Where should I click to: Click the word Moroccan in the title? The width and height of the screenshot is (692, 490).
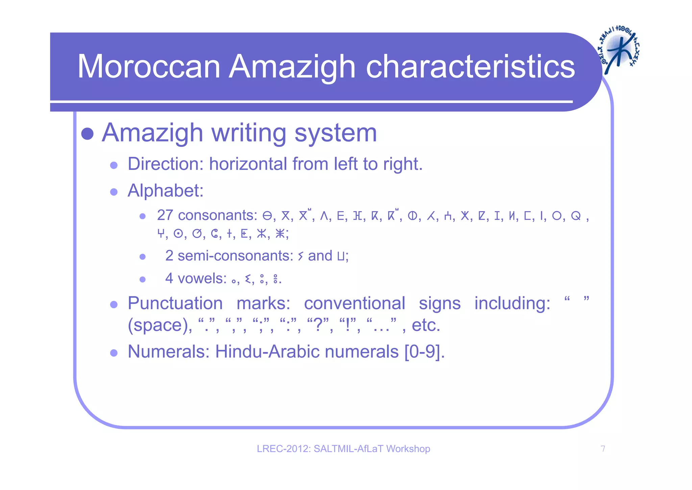coord(149,67)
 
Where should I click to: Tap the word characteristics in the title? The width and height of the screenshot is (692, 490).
coord(470,67)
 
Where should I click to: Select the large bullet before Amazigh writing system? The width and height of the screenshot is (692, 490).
coord(88,134)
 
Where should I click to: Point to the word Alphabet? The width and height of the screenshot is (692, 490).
coord(165,191)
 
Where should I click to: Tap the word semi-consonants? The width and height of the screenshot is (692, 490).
coord(235,256)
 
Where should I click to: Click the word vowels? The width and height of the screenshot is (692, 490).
coord(202,279)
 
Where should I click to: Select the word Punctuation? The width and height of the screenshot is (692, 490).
coord(175,303)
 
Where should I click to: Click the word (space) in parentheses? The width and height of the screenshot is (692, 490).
coord(159,325)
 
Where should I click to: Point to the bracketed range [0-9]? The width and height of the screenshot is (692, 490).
coord(424,352)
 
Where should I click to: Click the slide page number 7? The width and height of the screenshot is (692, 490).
coord(603,449)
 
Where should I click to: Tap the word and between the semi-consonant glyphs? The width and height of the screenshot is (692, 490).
coord(320,256)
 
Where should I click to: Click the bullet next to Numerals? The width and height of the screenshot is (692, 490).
coord(114,353)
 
